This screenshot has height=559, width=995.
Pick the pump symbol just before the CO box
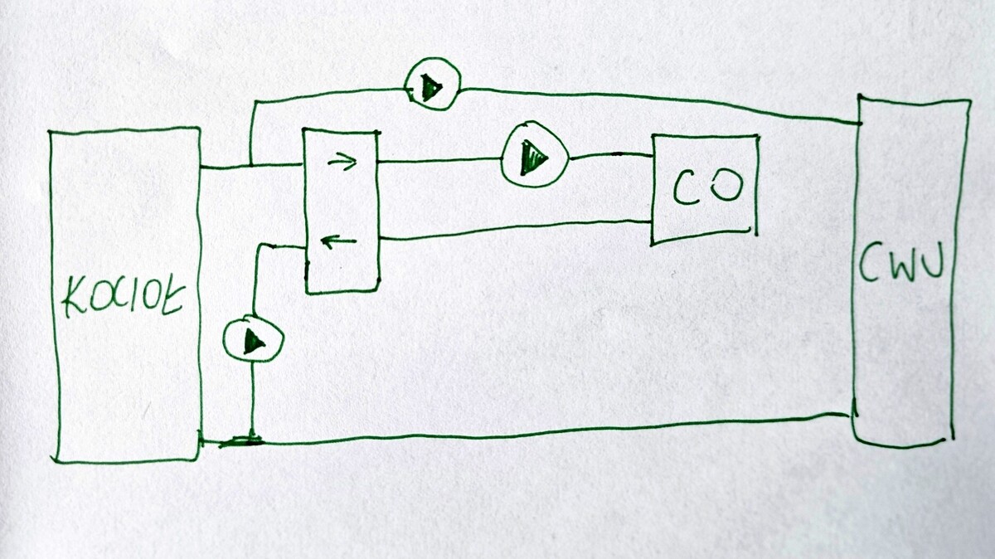(534, 157)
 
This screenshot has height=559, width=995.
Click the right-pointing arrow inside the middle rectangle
(342, 162)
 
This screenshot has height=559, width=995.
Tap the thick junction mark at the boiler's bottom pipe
(241, 441)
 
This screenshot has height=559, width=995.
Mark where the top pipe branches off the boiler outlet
(250, 165)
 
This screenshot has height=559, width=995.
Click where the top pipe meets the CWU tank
(859, 122)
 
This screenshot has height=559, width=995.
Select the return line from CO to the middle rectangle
(514, 230)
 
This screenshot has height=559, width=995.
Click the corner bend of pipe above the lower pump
(260, 246)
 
